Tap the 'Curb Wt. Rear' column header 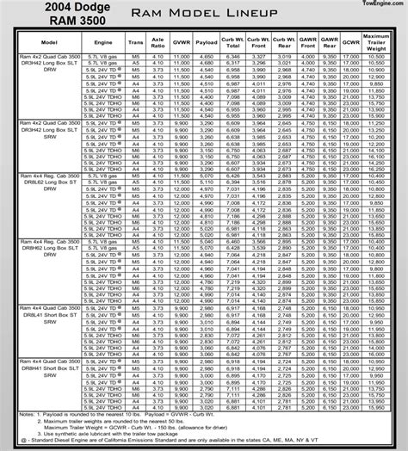tap(266, 41)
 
